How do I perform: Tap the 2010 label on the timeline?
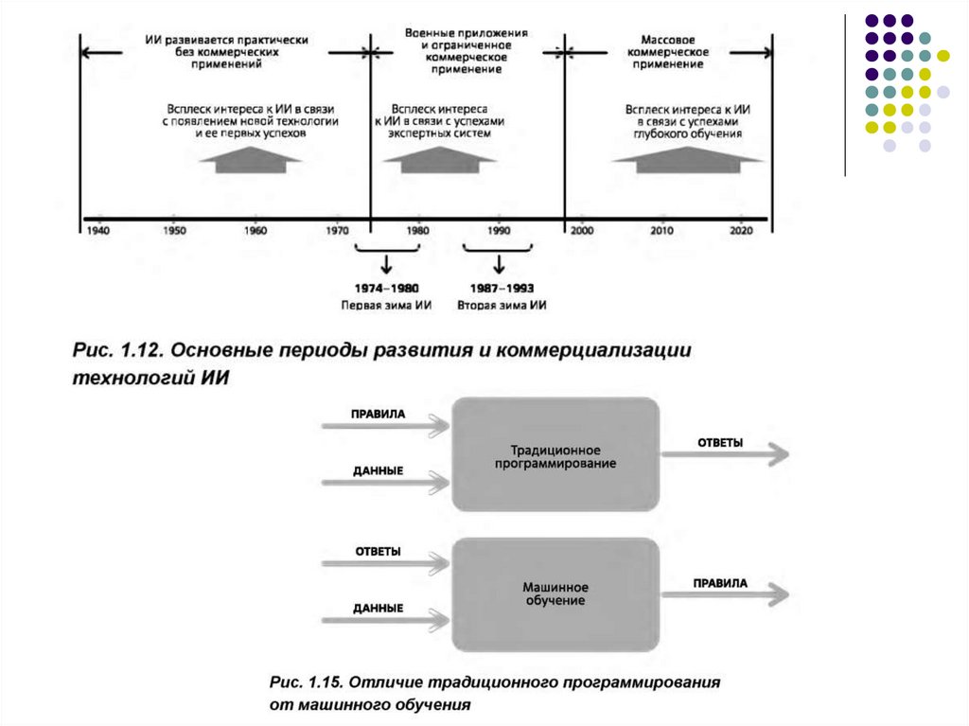point(662,230)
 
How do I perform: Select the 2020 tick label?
point(740,230)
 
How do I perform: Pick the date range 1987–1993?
point(502,288)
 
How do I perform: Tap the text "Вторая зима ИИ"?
point(502,305)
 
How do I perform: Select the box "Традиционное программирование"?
point(555,455)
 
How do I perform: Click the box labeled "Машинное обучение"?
point(555,594)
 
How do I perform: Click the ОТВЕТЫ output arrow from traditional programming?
point(725,455)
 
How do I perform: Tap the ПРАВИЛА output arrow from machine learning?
point(725,594)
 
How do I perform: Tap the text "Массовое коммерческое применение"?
point(669,52)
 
